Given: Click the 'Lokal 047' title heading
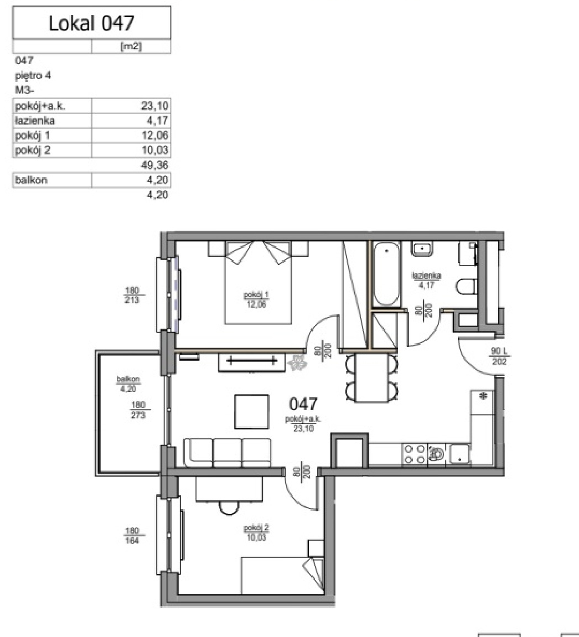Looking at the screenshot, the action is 91,23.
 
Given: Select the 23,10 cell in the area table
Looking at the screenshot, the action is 154,106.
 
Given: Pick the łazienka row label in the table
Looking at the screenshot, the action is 34,121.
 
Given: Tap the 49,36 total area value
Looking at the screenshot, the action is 155,165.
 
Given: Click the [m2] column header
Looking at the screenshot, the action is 131,46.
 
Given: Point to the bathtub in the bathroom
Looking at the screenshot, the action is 386,274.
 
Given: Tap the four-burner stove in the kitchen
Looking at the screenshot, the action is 414,454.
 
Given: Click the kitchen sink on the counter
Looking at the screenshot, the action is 459,454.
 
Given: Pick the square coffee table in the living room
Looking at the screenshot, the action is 252,412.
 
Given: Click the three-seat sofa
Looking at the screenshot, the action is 228,452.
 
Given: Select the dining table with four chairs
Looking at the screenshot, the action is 372,377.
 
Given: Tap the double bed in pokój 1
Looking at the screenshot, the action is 258,282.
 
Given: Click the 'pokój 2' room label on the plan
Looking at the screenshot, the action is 256,528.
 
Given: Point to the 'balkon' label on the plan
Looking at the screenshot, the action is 128,379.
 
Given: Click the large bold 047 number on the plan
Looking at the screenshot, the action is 303,404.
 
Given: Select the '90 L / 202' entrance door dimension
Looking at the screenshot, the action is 499,356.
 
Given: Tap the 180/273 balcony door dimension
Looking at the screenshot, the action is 138,410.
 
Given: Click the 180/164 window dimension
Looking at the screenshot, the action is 132,535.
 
